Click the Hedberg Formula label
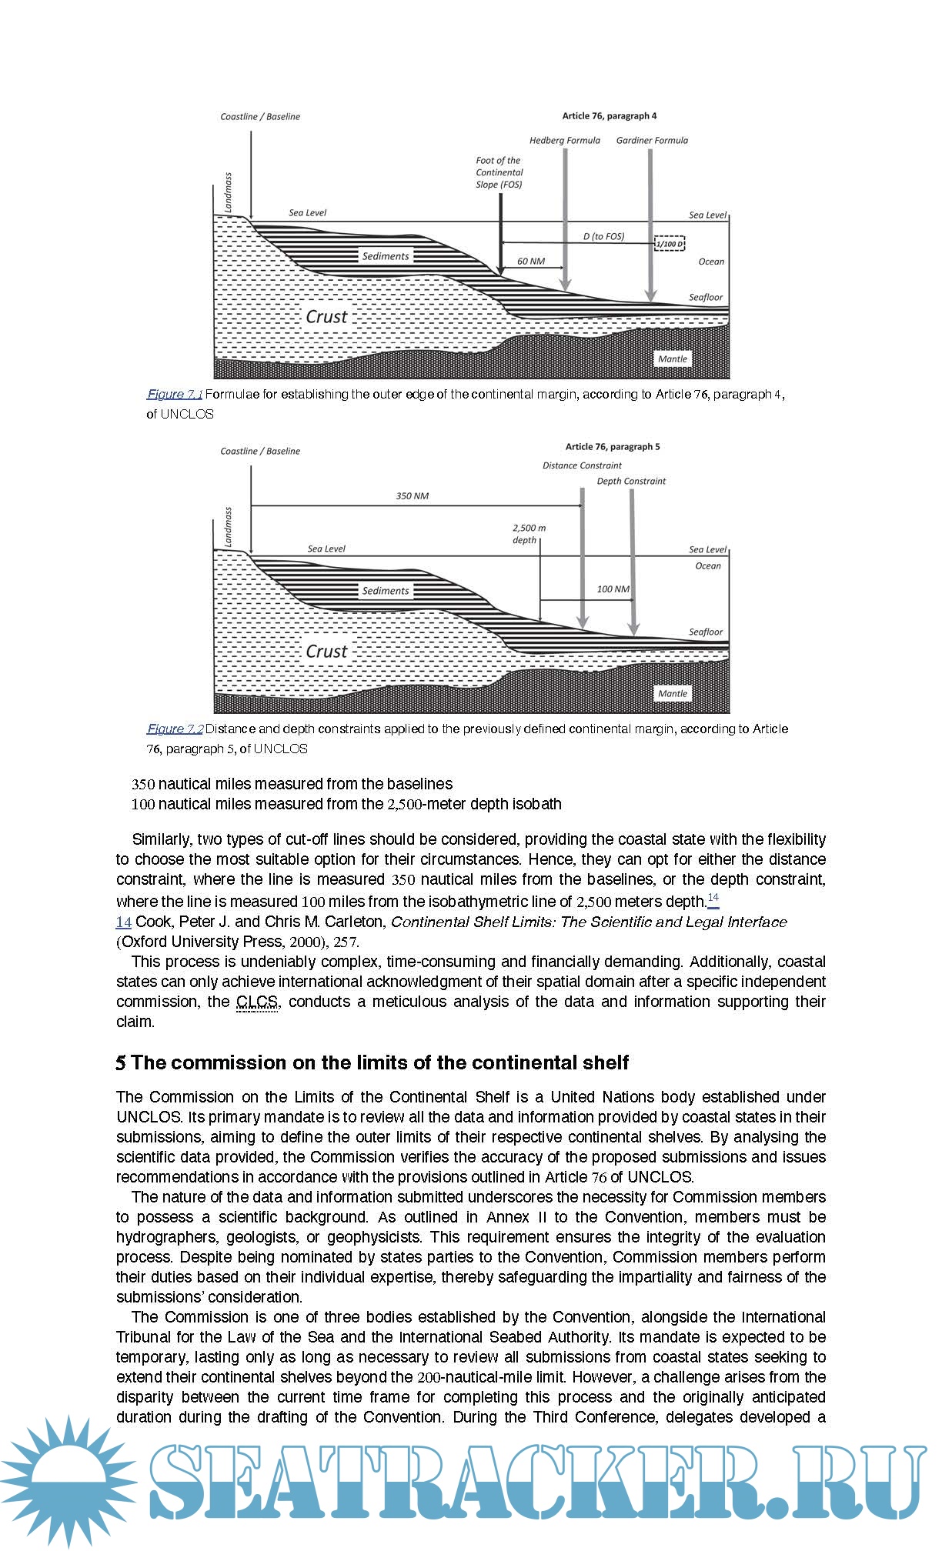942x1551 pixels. point(564,141)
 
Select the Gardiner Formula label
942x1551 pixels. point(652,141)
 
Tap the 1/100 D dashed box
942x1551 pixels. point(669,244)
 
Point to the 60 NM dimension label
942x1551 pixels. point(530,262)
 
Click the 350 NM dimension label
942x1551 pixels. point(412,496)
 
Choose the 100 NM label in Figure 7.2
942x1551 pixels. point(613,589)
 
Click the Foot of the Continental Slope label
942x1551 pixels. point(499,172)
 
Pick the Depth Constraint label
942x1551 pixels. point(631,482)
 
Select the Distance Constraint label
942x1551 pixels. point(582,465)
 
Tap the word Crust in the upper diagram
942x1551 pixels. point(326,317)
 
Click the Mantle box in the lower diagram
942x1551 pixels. point(672,694)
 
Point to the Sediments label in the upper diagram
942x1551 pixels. point(386,256)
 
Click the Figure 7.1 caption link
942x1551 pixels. point(175,395)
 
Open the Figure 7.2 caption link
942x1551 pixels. point(175,729)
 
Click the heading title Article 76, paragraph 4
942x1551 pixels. point(609,116)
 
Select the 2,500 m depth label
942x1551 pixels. point(529,534)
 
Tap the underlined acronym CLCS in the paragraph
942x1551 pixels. point(257,1002)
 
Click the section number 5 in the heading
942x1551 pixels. point(121,1063)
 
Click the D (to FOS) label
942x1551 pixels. point(603,236)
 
